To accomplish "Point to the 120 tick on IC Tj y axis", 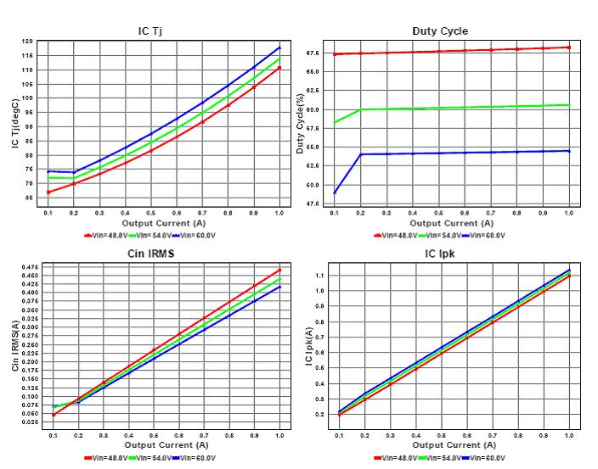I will click(x=28, y=42).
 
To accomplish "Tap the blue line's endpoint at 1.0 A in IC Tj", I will click(x=279, y=47).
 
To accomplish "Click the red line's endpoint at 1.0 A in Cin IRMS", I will click(x=279, y=271).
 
